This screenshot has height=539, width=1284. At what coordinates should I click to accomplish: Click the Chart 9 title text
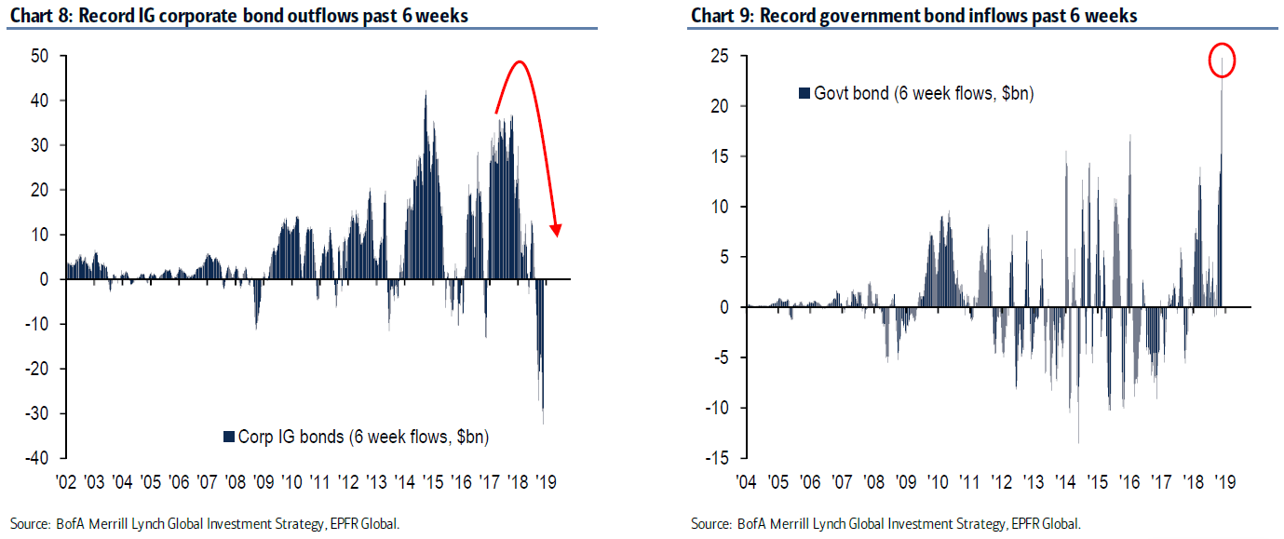(913, 16)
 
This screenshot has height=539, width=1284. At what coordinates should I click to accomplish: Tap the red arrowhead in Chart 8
(557, 230)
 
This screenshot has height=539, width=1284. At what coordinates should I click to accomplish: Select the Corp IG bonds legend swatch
(228, 437)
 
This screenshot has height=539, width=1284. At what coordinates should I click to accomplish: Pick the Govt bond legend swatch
(804, 93)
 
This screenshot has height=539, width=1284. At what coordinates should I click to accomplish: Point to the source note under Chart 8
(205, 524)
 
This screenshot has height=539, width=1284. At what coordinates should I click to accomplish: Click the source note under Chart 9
(885, 524)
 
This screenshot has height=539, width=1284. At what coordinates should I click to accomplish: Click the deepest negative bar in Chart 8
(543, 422)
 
